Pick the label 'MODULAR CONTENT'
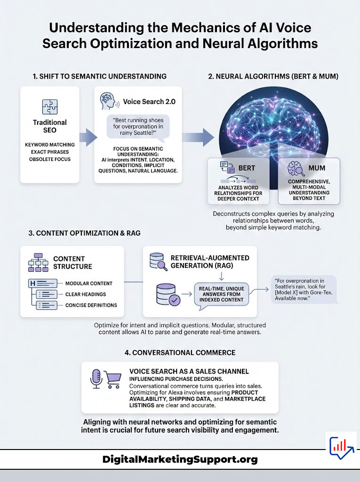click(88, 283)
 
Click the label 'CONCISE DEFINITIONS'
click(91, 305)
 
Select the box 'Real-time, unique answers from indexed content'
click(221, 294)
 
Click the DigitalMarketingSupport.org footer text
click(180, 459)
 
